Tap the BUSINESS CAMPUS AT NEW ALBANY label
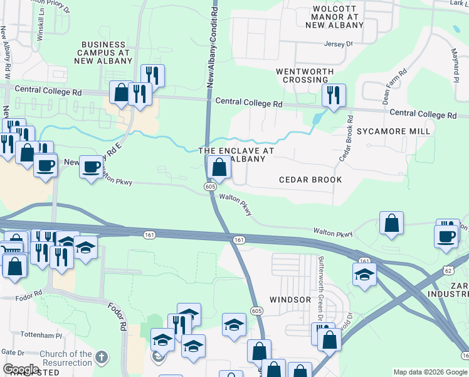[x=105, y=53]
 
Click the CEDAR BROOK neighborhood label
[x=310, y=180]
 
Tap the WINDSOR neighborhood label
[x=290, y=300]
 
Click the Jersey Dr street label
[x=339, y=44]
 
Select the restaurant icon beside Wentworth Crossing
[x=334, y=96]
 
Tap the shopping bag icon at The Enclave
[x=219, y=168]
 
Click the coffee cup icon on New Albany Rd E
[x=92, y=167]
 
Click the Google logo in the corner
[x=21, y=369]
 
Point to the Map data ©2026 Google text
[x=430, y=372]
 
